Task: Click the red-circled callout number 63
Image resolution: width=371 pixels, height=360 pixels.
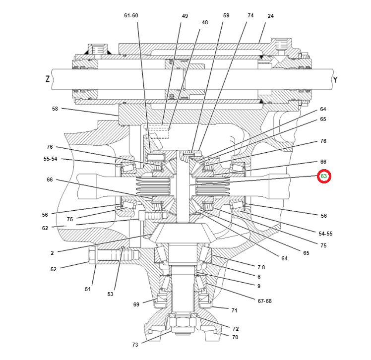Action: (324, 176)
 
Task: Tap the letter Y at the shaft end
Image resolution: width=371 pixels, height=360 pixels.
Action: (335, 79)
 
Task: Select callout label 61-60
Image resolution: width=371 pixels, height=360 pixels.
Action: (131, 15)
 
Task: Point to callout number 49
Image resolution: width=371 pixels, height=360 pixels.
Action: (185, 16)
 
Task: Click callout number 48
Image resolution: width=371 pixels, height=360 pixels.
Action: (205, 22)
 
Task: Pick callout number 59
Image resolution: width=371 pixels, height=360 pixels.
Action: (226, 15)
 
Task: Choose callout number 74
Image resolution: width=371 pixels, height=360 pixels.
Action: (250, 15)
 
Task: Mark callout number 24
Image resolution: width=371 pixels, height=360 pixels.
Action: (270, 16)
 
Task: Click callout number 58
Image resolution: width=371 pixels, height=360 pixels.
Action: (55, 108)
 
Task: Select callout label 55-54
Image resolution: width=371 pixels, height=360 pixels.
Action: (50, 159)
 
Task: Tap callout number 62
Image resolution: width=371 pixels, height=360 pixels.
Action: (45, 228)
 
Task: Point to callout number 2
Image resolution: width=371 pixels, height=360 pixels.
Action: (52, 253)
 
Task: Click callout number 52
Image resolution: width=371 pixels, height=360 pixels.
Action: (54, 269)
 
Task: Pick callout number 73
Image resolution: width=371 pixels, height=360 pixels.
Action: (135, 344)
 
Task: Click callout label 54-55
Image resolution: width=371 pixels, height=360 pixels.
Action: (325, 233)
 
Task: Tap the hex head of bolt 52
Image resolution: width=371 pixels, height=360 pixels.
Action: (92, 256)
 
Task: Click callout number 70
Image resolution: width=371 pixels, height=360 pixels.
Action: (235, 337)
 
